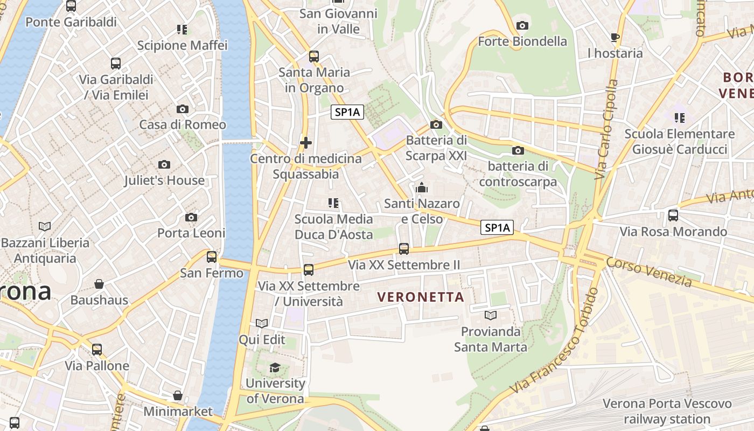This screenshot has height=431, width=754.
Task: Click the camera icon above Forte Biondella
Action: (x=522, y=25)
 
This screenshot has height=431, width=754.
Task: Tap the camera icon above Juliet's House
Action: (x=164, y=164)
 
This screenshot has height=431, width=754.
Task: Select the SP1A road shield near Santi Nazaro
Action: (x=497, y=228)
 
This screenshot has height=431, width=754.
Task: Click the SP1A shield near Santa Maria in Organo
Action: (x=347, y=112)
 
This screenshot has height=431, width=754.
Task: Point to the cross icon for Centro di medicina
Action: (x=305, y=143)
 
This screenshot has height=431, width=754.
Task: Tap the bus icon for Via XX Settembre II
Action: (x=404, y=248)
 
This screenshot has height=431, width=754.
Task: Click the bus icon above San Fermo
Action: (x=212, y=257)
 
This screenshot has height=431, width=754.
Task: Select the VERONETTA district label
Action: (x=421, y=297)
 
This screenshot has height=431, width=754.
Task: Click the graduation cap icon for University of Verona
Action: (x=275, y=367)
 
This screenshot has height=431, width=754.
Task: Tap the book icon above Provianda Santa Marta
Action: (x=490, y=315)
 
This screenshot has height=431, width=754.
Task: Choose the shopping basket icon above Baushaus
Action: (x=99, y=284)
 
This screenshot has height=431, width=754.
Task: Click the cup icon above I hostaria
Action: (x=615, y=37)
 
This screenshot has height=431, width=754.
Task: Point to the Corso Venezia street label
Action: (x=648, y=272)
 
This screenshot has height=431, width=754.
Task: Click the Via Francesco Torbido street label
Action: (x=555, y=340)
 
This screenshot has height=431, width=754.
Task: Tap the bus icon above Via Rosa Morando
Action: (x=673, y=215)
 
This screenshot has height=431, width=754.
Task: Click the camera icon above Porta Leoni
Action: (x=191, y=217)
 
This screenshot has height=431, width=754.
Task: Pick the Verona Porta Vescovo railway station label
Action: (x=667, y=411)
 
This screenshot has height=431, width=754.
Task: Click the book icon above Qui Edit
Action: (x=262, y=323)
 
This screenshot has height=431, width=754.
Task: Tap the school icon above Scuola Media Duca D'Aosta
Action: (x=333, y=203)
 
